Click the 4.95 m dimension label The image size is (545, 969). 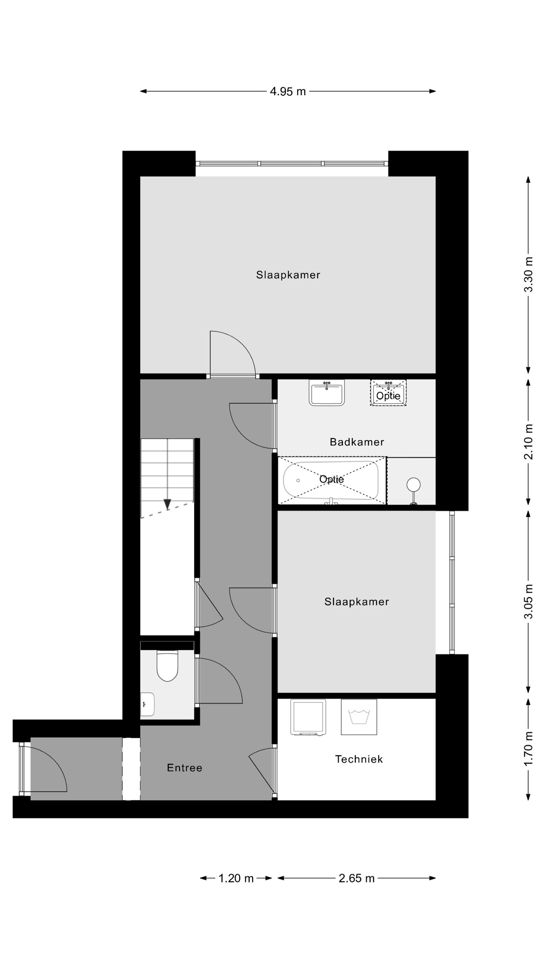288,92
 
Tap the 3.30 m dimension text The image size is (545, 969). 528,274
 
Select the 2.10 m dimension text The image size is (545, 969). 528,442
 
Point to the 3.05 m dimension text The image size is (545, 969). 528,601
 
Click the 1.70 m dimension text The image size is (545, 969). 528,748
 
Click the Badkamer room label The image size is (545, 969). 357,442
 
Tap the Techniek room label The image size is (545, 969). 359,759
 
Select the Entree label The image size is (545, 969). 185,768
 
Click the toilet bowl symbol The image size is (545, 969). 167,667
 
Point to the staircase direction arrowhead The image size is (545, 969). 167,504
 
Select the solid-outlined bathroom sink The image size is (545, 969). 327,393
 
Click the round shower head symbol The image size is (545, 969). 413,484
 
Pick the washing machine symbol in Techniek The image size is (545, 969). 359,717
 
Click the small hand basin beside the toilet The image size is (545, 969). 147,704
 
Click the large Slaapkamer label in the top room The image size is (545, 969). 288,275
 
